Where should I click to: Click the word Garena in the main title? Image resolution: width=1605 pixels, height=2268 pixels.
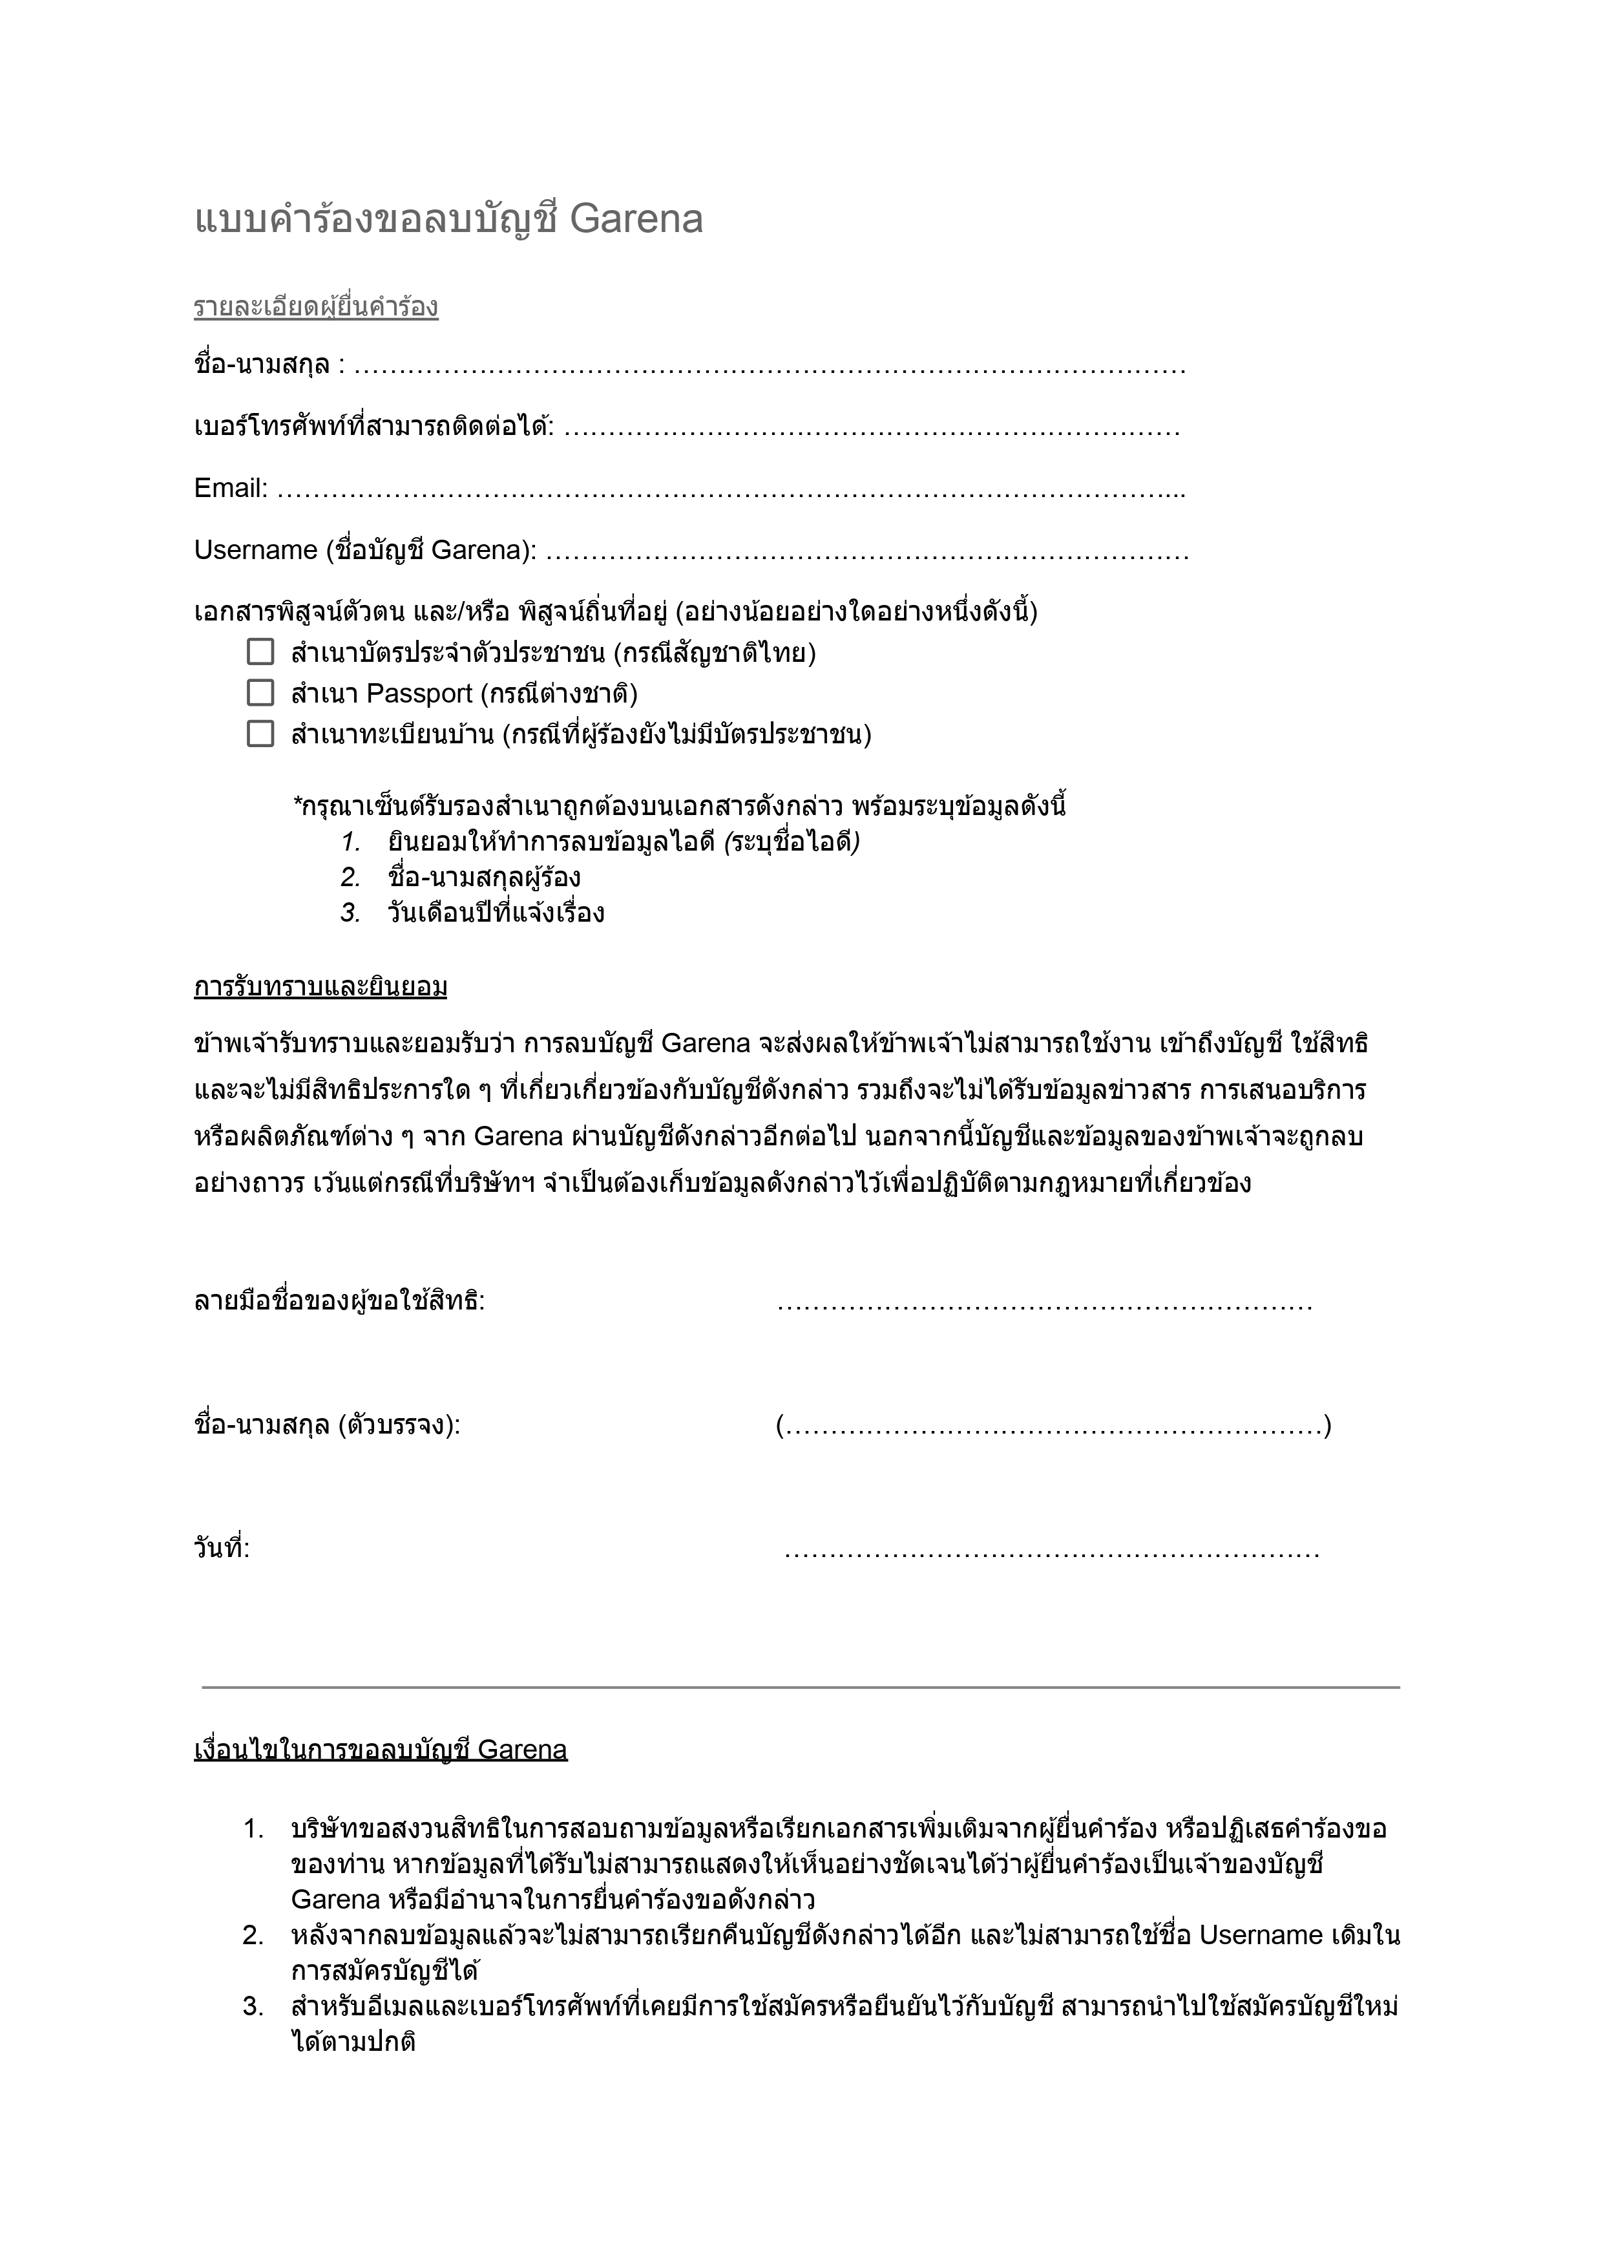pos(636,220)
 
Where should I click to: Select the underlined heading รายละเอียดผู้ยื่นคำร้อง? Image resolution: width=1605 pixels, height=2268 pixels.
pos(315,308)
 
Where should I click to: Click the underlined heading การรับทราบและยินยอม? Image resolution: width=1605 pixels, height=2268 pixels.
pos(320,987)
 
